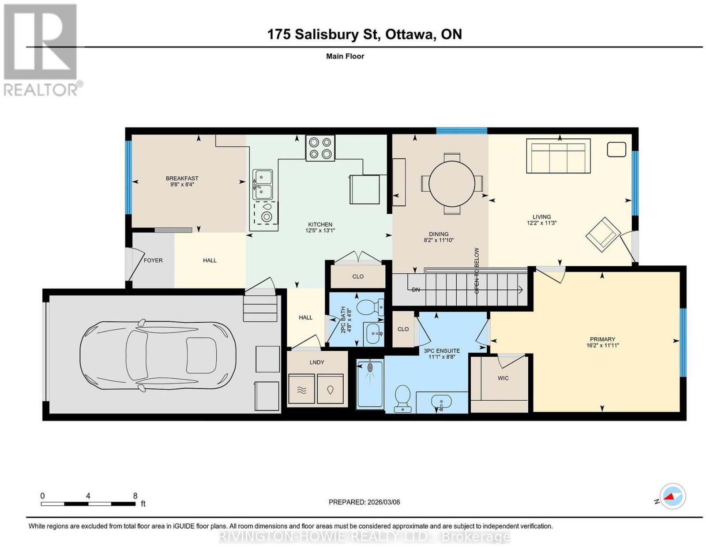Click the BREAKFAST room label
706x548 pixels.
point(182,178)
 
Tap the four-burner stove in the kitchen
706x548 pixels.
point(320,148)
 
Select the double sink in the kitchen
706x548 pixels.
point(263,184)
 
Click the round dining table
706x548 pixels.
point(451,184)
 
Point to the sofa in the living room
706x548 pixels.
point(558,156)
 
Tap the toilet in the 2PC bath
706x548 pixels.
point(370,307)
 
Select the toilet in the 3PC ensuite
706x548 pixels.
point(402,399)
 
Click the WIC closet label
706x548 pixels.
point(503,378)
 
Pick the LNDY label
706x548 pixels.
point(317,362)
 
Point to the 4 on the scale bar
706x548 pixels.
point(88,496)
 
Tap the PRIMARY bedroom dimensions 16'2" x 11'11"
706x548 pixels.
point(602,345)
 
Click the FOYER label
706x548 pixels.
point(153,260)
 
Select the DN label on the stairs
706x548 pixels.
point(416,289)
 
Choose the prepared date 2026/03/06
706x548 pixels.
point(383,502)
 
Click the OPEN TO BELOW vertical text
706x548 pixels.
point(477,271)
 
